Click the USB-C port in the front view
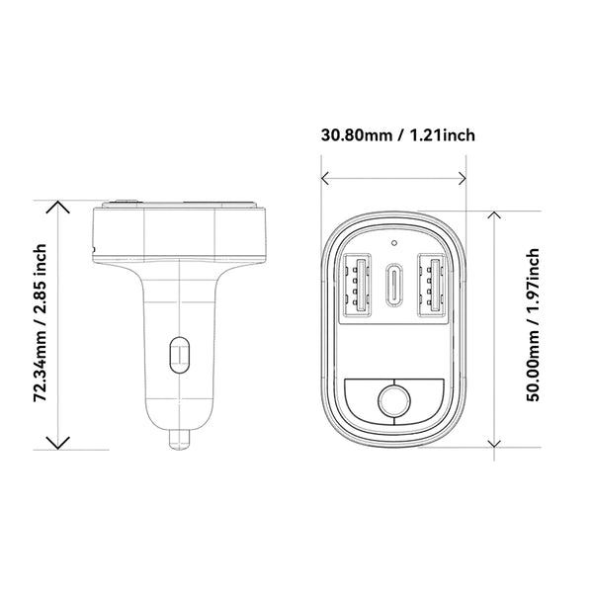(393, 287)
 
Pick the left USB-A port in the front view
(356, 287)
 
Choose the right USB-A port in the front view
(432, 287)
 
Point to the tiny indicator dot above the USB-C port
(393, 240)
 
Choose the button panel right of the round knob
(428, 400)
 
